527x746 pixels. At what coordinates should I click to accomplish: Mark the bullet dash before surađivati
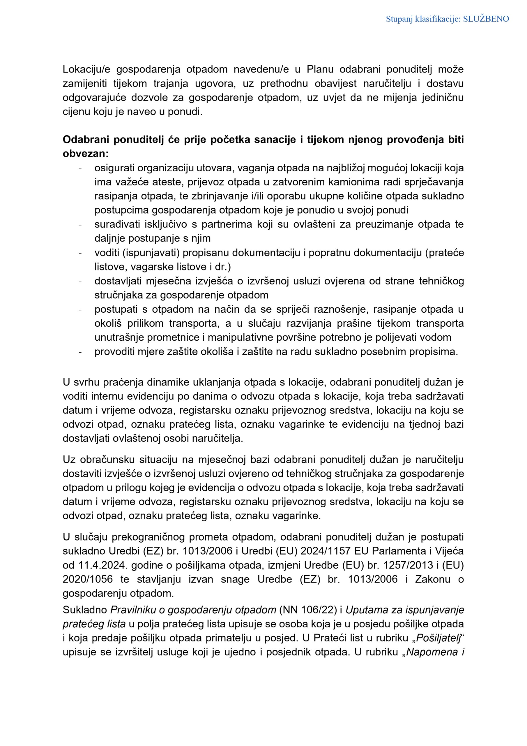pyautogui.click(x=80, y=224)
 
